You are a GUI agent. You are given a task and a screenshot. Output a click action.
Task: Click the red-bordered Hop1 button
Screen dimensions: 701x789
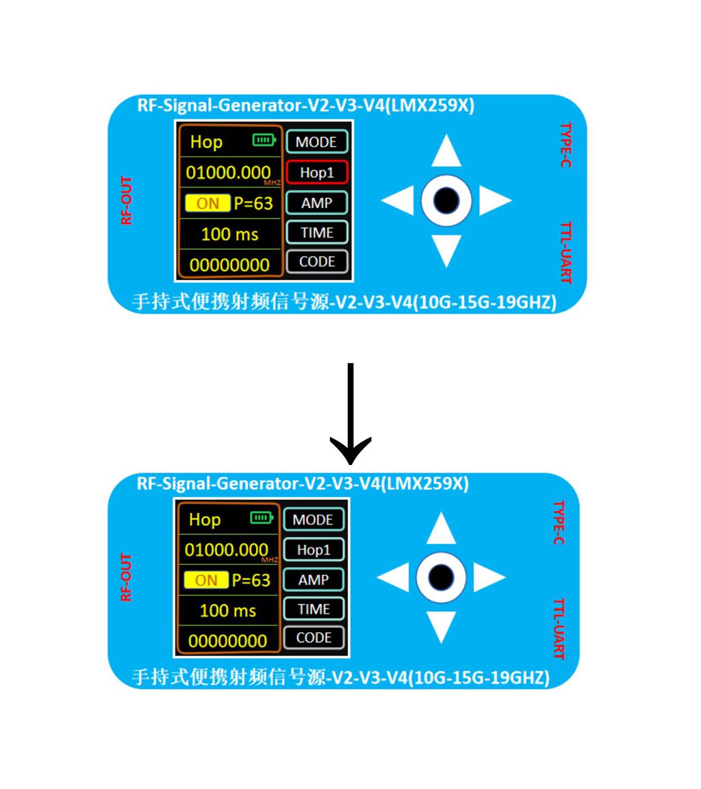317,173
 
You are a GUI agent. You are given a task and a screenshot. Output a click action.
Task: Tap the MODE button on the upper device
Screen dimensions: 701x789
317,142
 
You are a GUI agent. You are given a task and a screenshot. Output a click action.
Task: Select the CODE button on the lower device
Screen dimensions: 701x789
314,638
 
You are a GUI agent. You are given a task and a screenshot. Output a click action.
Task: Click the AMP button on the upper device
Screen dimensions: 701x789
317,203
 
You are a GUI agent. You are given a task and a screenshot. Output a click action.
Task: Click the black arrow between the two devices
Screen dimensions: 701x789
350,414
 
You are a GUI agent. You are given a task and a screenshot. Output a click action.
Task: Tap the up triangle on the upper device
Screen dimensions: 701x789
446,151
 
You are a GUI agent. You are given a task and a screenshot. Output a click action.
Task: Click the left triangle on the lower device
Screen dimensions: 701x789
393,577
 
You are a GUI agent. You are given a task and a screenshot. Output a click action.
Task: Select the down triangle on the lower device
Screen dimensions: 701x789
441,627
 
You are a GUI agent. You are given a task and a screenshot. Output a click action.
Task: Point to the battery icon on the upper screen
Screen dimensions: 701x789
264,140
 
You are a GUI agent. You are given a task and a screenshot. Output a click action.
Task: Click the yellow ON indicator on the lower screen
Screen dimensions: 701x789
206,580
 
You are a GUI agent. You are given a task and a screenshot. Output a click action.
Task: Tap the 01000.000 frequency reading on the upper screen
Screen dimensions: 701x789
228,173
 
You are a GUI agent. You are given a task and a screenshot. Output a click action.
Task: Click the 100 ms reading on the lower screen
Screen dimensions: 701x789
228,610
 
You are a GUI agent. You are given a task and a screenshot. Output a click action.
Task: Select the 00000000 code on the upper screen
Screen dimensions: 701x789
229,264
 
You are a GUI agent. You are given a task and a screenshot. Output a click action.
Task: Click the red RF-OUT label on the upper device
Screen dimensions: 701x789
126,200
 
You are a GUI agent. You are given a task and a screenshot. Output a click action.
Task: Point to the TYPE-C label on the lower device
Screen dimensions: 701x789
559,523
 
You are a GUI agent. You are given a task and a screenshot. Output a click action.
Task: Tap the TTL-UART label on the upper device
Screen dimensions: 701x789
566,253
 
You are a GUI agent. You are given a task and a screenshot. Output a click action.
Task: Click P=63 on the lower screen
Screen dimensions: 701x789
251,580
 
